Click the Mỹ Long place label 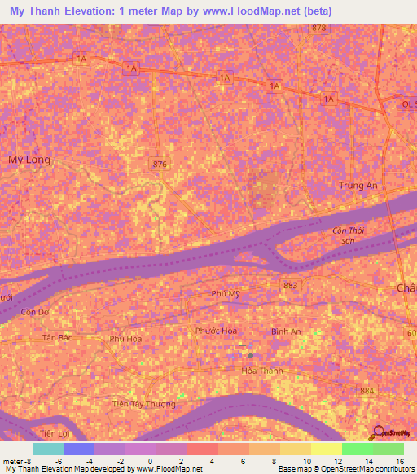30,160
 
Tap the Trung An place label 359,186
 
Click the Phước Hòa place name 216,331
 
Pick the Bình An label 285,331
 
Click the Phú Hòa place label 126,339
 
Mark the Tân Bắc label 59,336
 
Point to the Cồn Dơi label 37,312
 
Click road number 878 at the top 318,28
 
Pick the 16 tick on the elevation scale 399,461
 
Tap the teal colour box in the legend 47,449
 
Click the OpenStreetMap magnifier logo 378,432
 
